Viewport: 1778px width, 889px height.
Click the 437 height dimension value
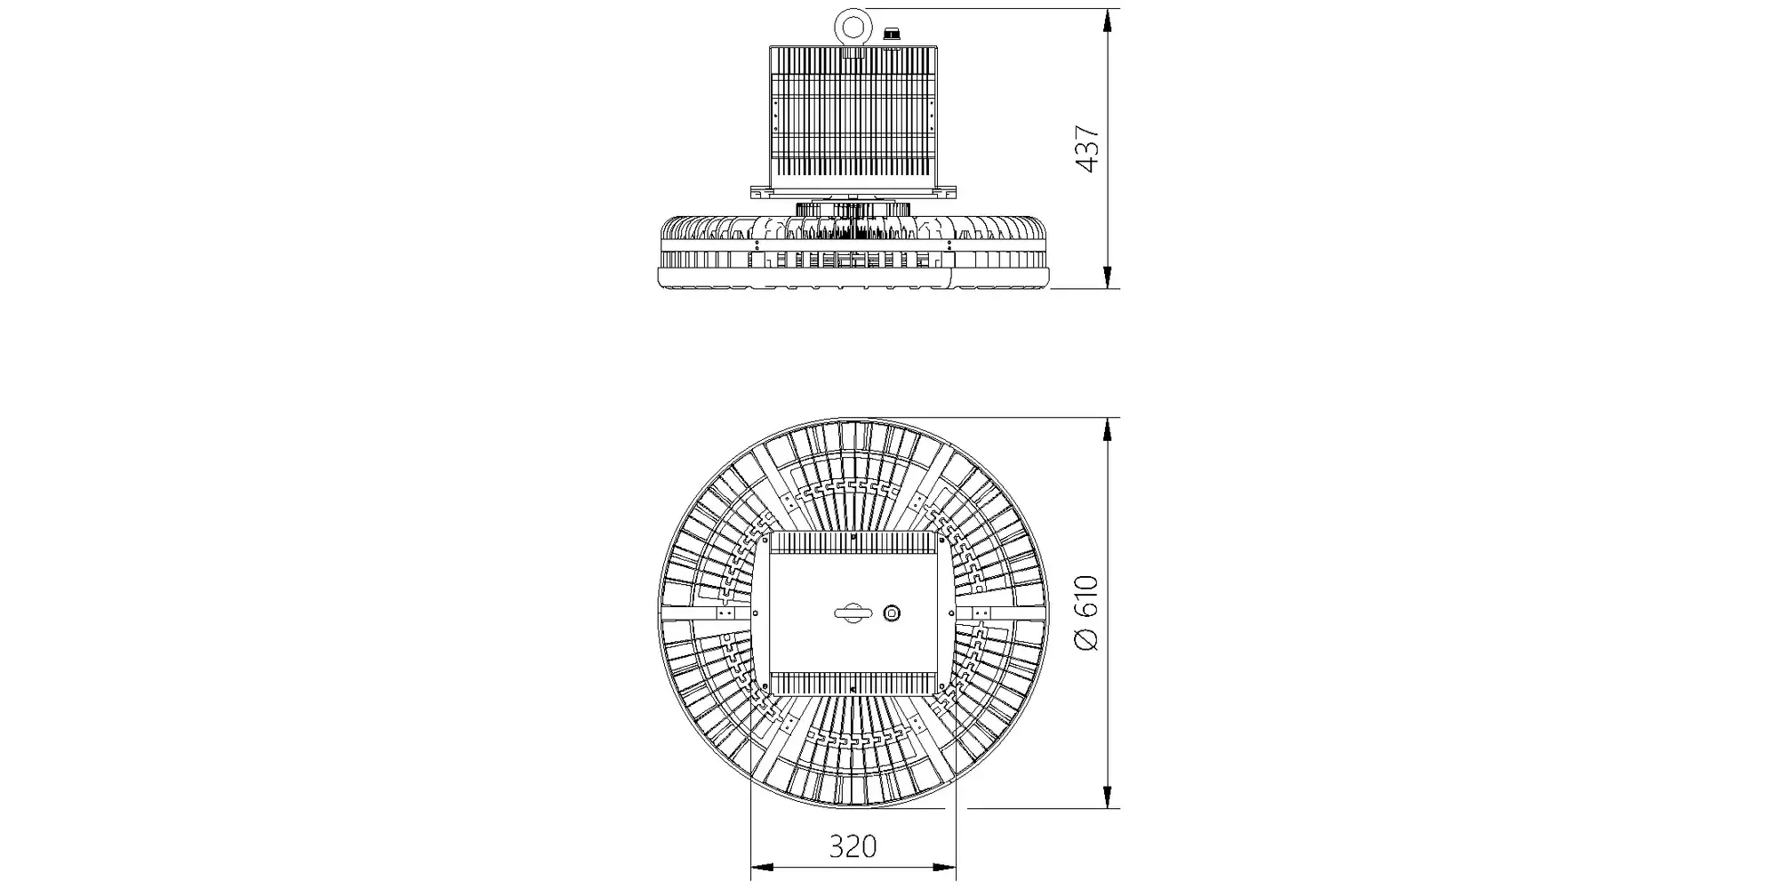point(1088,149)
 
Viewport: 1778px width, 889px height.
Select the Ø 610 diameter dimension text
point(1087,613)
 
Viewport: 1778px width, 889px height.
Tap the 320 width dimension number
point(853,846)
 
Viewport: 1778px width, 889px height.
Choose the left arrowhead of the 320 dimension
point(764,868)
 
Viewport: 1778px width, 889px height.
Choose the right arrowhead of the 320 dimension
point(943,868)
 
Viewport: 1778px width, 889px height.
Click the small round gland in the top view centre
point(892,613)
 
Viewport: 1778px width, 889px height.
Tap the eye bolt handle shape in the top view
point(853,613)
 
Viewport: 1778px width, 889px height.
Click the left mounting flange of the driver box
point(760,192)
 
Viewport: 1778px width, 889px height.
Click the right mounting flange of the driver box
point(947,192)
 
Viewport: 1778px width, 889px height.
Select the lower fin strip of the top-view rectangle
point(853,683)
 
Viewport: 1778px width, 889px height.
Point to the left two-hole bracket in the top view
point(726,613)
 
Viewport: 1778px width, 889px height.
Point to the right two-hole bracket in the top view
point(981,613)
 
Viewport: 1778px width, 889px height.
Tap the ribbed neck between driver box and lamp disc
point(853,209)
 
